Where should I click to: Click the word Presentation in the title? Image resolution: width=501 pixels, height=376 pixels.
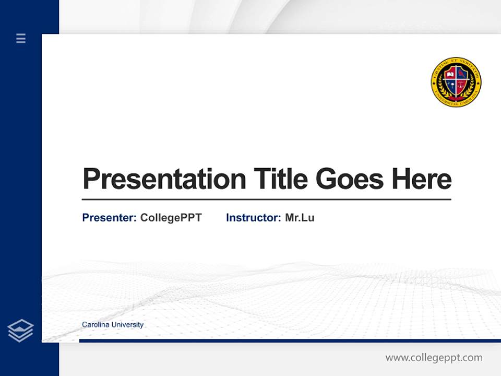(x=164, y=179)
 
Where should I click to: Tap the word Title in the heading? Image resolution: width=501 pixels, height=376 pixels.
(x=280, y=179)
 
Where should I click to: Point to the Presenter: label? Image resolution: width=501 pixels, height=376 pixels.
(x=109, y=218)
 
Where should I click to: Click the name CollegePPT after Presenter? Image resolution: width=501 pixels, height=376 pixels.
(x=171, y=218)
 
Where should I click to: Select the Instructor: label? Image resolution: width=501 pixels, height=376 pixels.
(x=253, y=218)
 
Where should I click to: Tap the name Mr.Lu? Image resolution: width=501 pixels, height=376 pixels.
(x=300, y=218)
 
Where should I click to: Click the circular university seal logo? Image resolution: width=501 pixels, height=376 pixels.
(x=456, y=83)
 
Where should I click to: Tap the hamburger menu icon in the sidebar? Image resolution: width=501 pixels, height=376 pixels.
(x=21, y=38)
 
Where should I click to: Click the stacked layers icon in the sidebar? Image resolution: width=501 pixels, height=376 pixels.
(x=20, y=331)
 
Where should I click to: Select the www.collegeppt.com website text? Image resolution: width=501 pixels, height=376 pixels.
(x=434, y=358)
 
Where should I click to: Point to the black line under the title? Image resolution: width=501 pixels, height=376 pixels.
(x=266, y=199)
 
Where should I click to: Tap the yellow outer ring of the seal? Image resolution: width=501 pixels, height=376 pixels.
(x=456, y=61)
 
